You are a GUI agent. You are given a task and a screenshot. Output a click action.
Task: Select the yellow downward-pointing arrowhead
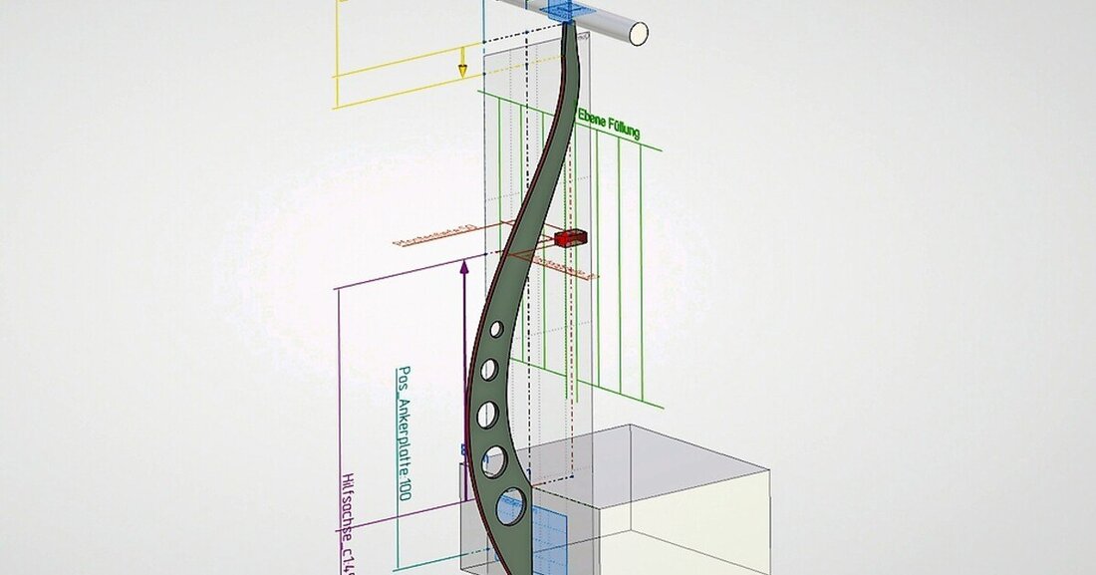(462, 69)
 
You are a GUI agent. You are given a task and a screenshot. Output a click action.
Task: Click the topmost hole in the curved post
(495, 330)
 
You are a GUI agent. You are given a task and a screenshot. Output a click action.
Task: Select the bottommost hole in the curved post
(510, 506)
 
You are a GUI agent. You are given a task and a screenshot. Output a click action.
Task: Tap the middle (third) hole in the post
(487, 413)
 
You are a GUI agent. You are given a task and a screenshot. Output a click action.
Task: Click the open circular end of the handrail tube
(638, 33)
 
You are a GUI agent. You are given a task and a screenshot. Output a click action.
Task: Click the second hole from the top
(489, 370)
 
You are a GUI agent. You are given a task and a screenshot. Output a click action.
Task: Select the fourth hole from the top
(494, 459)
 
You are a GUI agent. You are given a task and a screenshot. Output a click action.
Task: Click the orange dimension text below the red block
(564, 266)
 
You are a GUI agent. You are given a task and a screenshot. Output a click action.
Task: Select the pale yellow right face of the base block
(687, 528)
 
